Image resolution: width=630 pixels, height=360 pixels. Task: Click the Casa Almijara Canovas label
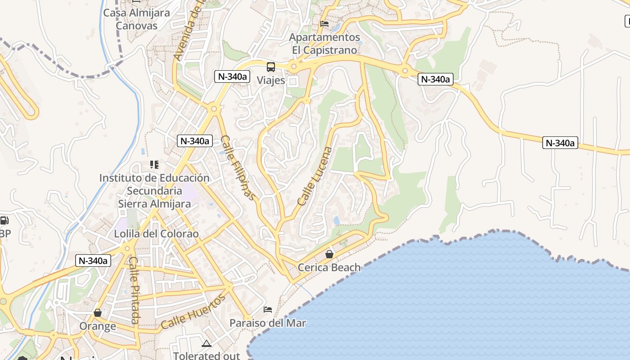click(136, 19)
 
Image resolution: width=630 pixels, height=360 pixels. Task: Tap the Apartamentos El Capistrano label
click(324, 44)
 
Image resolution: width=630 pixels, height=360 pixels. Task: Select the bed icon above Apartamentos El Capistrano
click(324, 24)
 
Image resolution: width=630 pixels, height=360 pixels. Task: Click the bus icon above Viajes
click(271, 67)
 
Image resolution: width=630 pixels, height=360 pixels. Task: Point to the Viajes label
click(271, 81)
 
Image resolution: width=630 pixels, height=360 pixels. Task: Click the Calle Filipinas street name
click(238, 167)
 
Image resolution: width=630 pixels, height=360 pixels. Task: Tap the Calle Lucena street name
click(315, 176)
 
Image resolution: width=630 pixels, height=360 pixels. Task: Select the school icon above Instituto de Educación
click(154, 165)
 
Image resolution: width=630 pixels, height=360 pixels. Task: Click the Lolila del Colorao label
click(156, 234)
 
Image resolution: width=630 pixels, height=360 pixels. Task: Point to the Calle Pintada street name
click(134, 290)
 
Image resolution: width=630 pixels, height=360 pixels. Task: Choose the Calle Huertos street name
click(193, 311)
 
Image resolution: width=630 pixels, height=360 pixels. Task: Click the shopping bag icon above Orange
click(98, 312)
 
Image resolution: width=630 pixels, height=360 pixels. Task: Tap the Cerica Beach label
click(329, 268)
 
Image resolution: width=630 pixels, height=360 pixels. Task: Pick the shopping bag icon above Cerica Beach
click(329, 254)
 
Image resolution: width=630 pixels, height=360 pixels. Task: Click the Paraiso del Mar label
click(268, 323)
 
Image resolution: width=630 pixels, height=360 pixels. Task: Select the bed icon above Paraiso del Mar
click(268, 310)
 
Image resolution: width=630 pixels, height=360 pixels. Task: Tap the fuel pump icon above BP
click(4, 220)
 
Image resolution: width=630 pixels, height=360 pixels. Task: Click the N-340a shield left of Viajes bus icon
click(232, 76)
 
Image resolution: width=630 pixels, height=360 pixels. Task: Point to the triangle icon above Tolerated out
click(207, 344)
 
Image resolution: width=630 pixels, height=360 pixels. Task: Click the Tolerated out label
click(207, 356)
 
